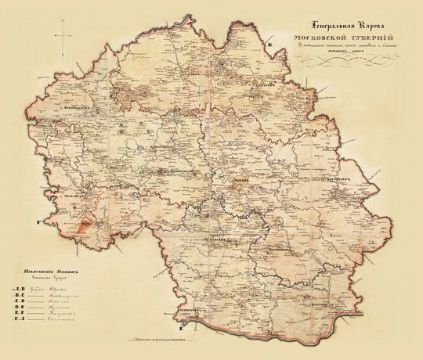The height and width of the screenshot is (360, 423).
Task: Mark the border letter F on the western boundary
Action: click(36, 224)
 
